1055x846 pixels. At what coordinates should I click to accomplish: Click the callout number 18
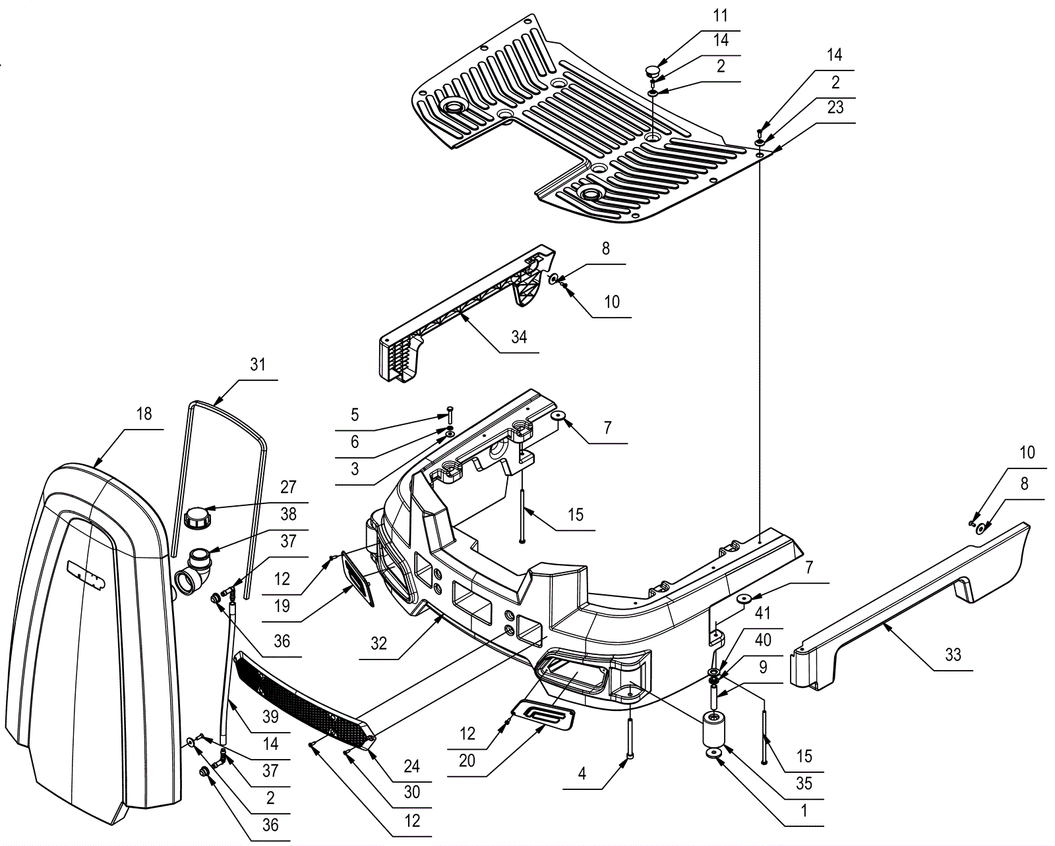pyautogui.click(x=144, y=414)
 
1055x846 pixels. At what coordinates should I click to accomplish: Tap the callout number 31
pyautogui.click(x=257, y=364)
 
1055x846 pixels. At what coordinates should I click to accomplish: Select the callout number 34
pyautogui.click(x=519, y=337)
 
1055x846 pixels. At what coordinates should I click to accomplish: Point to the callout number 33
pyautogui.click(x=953, y=655)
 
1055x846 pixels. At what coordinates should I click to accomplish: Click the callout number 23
pyautogui.click(x=835, y=107)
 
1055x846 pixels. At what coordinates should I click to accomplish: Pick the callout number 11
pyautogui.click(x=721, y=15)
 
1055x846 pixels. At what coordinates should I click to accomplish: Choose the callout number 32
pyautogui.click(x=378, y=643)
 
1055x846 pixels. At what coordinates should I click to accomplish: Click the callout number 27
pyautogui.click(x=288, y=488)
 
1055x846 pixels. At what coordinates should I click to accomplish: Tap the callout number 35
pyautogui.click(x=804, y=783)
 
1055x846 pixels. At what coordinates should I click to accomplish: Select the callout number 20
pyautogui.click(x=467, y=761)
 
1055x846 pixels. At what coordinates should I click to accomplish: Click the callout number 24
pyautogui.click(x=412, y=766)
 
